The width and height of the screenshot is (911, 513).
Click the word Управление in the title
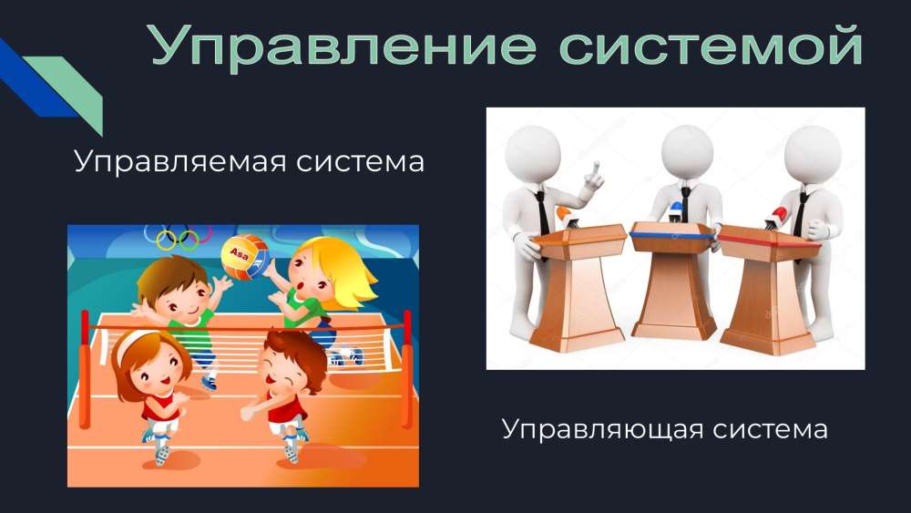click(x=343, y=46)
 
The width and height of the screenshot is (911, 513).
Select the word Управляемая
click(x=180, y=161)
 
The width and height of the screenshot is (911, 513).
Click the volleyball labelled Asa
click(x=244, y=257)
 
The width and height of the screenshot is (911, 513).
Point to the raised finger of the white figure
click(x=594, y=170)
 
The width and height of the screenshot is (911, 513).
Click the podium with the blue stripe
click(x=673, y=280)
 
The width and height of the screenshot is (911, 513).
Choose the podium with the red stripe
click(x=767, y=291)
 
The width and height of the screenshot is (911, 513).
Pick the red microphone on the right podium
click(x=777, y=216)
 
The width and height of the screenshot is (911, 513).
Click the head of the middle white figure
click(x=687, y=151)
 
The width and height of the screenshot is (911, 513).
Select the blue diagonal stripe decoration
click(x=32, y=78)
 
